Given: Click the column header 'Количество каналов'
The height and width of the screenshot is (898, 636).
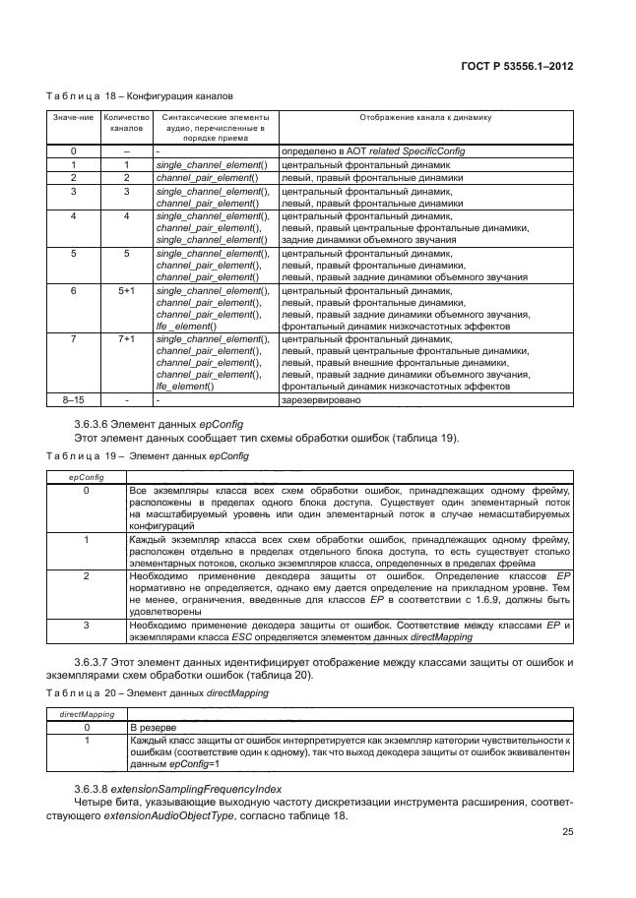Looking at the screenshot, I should click(127, 123).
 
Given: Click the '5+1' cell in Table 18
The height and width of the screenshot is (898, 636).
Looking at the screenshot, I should click(127, 292).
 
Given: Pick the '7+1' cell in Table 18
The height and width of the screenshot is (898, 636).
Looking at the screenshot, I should click(127, 339).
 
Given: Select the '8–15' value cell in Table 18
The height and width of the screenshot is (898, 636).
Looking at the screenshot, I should click(73, 400).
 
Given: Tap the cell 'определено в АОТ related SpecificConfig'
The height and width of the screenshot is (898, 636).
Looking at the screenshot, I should click(373, 150).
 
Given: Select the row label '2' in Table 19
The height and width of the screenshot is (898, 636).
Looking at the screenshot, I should click(86, 574).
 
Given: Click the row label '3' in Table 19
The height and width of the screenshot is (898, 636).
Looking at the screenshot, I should click(86, 624).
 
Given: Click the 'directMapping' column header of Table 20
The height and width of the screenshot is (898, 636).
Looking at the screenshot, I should click(86, 714).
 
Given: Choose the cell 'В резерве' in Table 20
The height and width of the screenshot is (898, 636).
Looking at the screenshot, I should click(156, 726).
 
